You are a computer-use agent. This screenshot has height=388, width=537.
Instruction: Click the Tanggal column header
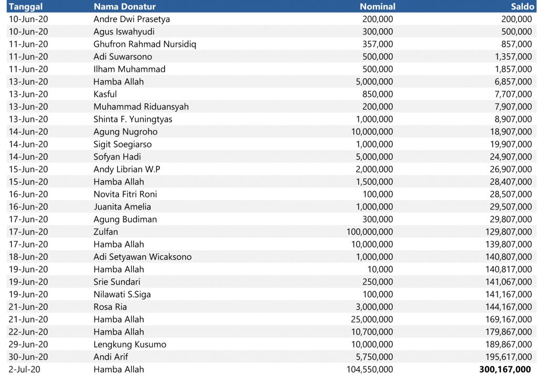[26, 7]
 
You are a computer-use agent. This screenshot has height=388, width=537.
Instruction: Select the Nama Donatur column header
[124, 7]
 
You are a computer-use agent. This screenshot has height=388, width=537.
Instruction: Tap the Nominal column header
[377, 7]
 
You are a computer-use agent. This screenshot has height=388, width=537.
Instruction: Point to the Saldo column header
[521, 7]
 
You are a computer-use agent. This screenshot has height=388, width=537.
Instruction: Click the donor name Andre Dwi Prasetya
[132, 19]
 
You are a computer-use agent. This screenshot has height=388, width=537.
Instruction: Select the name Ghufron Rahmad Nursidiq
[145, 44]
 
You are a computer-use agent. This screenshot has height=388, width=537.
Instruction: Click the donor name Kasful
[105, 94]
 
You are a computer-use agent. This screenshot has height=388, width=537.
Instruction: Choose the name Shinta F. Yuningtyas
[133, 119]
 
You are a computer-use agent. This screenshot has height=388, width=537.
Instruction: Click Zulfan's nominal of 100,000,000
[370, 232]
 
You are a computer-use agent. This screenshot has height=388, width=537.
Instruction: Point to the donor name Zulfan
[105, 232]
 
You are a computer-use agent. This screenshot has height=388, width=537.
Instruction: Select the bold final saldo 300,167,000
[505, 369]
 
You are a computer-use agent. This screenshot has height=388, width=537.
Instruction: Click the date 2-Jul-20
[25, 369]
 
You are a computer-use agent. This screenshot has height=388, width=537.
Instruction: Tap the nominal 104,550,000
[370, 369]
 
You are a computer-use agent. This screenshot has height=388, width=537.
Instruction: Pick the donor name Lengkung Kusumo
[130, 344]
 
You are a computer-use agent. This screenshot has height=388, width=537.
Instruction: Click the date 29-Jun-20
[28, 344]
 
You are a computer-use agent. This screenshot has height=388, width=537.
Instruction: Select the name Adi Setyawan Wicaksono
[142, 257]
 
